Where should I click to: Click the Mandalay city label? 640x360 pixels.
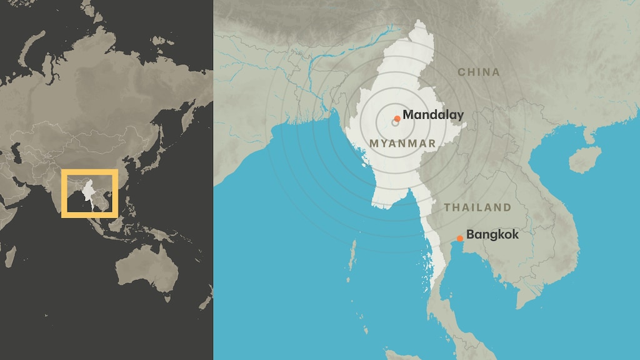(x=432, y=115)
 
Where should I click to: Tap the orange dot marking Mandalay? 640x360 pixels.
(x=397, y=118)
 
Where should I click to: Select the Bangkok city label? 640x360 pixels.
(x=492, y=235)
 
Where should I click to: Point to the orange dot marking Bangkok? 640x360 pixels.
(x=460, y=238)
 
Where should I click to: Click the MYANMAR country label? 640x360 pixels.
(x=402, y=144)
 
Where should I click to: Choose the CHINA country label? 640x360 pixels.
(x=479, y=72)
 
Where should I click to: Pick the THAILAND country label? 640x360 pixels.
(x=477, y=207)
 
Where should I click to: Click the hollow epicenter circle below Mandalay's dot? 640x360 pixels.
(x=395, y=122)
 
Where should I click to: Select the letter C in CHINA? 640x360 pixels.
(x=462, y=72)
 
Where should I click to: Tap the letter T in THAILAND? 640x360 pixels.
(x=447, y=207)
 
